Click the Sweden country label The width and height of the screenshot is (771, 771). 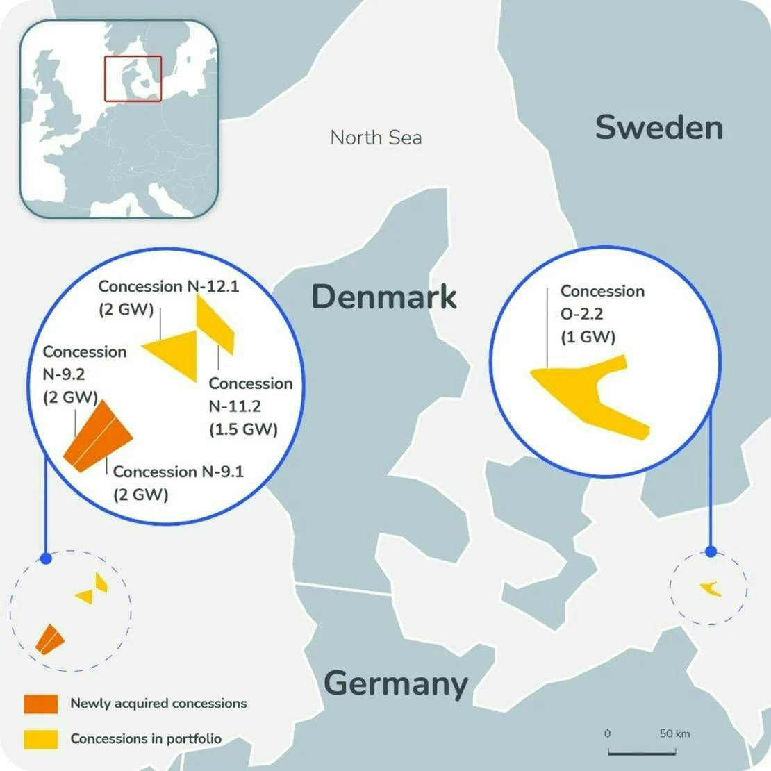(x=658, y=128)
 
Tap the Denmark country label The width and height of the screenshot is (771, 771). (x=384, y=297)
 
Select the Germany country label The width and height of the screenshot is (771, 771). (x=396, y=683)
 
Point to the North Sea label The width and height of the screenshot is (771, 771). (x=376, y=138)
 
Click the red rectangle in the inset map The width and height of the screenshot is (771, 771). (x=133, y=78)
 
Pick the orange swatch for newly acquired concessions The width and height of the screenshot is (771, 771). (x=40, y=704)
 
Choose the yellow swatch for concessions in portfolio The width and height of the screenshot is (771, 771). (x=40, y=739)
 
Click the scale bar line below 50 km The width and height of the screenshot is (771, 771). (x=641, y=752)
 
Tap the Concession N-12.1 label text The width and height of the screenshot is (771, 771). (x=168, y=297)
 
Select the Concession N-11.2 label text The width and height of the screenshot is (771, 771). (x=250, y=406)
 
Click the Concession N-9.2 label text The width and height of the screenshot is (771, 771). (x=84, y=374)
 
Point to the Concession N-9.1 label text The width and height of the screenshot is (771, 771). (x=178, y=482)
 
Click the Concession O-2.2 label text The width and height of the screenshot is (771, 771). (x=602, y=314)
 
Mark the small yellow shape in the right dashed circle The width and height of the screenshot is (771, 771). (x=711, y=589)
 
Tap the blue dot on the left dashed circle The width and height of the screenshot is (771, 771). (x=46, y=558)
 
